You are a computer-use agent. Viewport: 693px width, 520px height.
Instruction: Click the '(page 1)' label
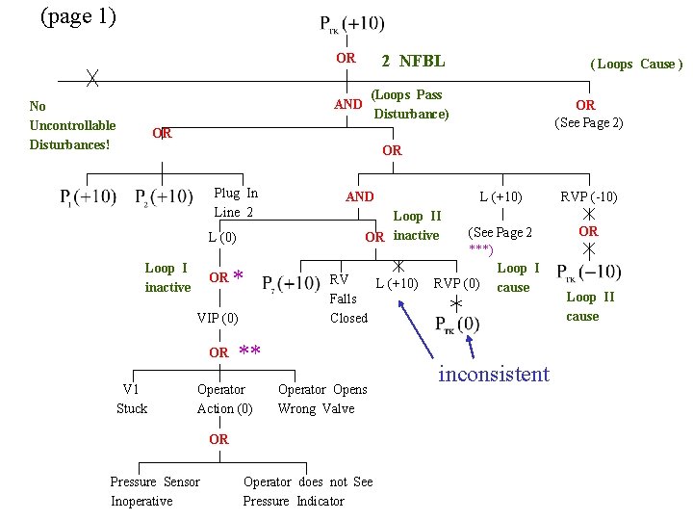(77, 16)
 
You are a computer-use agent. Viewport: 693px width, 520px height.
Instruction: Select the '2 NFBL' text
(412, 62)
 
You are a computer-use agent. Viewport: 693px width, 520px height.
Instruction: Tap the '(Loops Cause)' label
(636, 64)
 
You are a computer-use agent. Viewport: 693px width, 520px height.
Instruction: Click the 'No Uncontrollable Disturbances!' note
(72, 125)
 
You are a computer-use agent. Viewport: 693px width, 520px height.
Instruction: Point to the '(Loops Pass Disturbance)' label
(409, 104)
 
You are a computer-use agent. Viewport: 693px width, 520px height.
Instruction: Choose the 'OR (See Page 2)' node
(587, 114)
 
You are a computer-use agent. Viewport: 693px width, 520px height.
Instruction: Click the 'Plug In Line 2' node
(235, 202)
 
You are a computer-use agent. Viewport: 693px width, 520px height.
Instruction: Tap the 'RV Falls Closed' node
(347, 299)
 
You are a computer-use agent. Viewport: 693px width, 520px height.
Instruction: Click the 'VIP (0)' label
(218, 318)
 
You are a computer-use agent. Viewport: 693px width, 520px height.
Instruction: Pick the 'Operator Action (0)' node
(224, 399)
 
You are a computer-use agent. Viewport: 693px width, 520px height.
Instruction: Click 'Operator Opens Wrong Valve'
(321, 399)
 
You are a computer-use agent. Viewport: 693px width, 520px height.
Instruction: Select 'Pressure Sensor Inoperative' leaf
(155, 491)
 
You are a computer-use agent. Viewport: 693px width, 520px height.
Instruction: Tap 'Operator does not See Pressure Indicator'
(307, 491)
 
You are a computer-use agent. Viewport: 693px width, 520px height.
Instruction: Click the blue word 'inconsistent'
(493, 374)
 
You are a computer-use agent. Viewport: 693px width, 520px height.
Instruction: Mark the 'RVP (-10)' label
(588, 197)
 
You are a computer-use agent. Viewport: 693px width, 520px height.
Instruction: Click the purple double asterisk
(249, 350)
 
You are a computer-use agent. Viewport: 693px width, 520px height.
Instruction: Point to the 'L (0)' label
(221, 237)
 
